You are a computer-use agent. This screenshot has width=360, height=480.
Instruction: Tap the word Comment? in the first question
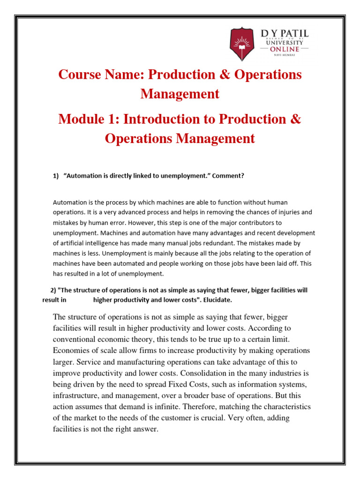tap(229, 176)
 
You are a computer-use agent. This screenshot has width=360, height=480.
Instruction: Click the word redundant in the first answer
tap(229, 243)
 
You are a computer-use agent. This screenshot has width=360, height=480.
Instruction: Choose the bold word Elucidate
tap(216, 300)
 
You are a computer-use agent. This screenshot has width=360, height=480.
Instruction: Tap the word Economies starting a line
tap(74, 351)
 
